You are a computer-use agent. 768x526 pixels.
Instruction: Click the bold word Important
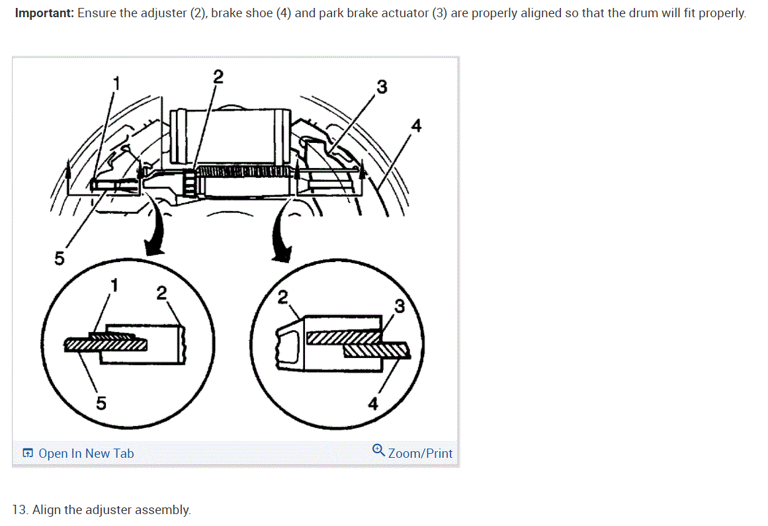coord(44,13)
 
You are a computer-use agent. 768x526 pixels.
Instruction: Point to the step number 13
coord(21,509)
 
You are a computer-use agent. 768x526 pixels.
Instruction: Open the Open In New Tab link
coord(86,453)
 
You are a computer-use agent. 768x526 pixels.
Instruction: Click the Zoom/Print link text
coord(420,453)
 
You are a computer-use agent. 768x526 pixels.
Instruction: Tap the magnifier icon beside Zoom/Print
coord(378,451)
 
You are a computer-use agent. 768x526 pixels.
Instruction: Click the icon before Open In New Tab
coord(28,453)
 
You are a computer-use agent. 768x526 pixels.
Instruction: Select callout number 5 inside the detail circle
coord(100,402)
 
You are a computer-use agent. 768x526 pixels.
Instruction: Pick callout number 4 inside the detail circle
coord(372,404)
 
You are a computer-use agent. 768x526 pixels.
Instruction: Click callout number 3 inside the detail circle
coord(399,306)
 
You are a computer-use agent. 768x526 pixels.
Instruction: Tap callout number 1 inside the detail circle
coord(114,285)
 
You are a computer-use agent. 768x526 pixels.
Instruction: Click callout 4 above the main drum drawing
coord(415,125)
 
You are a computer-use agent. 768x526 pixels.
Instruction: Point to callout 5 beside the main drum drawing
coord(59,259)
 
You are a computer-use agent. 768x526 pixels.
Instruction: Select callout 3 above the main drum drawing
coord(382,87)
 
